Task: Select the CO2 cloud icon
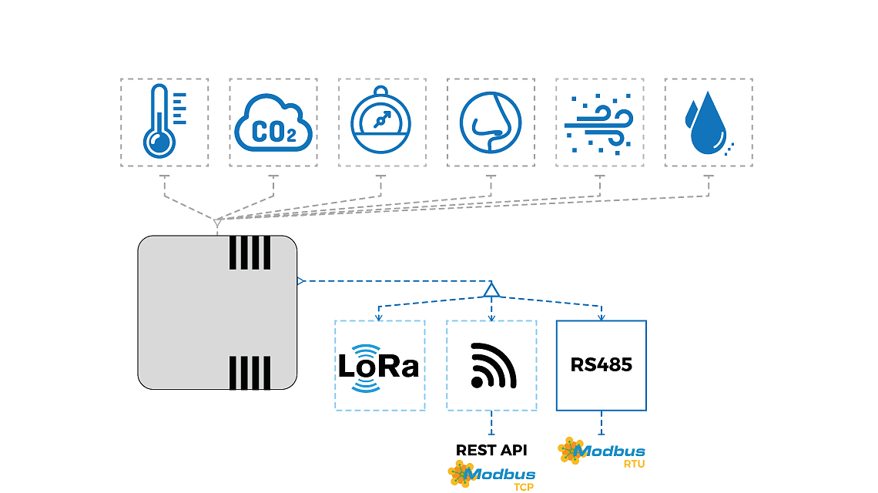pos(273,123)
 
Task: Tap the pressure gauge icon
pos(380,120)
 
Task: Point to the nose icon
pos(491,122)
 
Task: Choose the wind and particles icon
pos(599,124)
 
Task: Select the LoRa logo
pos(378,367)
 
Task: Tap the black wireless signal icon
pos(493,365)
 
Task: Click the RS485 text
pos(602,365)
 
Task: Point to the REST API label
pos(491,451)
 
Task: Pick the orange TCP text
pos(524,488)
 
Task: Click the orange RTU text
pos(635,464)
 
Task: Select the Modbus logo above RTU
pos(602,451)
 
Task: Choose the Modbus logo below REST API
pos(491,474)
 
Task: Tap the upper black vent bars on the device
pos(250,253)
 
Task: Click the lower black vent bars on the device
pos(250,373)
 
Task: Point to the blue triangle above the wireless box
pos(491,290)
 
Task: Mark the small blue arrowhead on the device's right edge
pos(300,280)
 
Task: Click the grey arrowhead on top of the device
pos(217,223)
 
